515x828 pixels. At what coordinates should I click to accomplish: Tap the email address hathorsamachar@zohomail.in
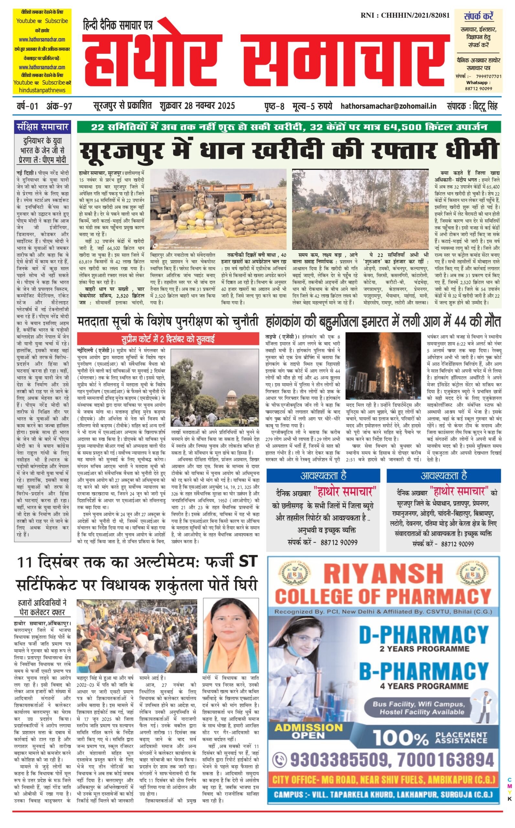pos(388,106)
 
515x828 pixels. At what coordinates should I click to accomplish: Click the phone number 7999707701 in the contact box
pos(488,76)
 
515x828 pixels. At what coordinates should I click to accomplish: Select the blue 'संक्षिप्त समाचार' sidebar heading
pos(43,127)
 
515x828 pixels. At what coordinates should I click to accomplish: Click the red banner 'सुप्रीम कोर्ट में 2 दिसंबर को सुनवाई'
pos(168,339)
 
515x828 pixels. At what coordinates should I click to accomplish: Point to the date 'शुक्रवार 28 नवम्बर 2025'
pos(197,106)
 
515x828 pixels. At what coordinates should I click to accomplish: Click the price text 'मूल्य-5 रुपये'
pos(312,106)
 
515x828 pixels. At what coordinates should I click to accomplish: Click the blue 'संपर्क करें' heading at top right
pos(478,16)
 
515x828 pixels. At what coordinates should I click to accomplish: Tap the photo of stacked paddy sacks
pos(218,209)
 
